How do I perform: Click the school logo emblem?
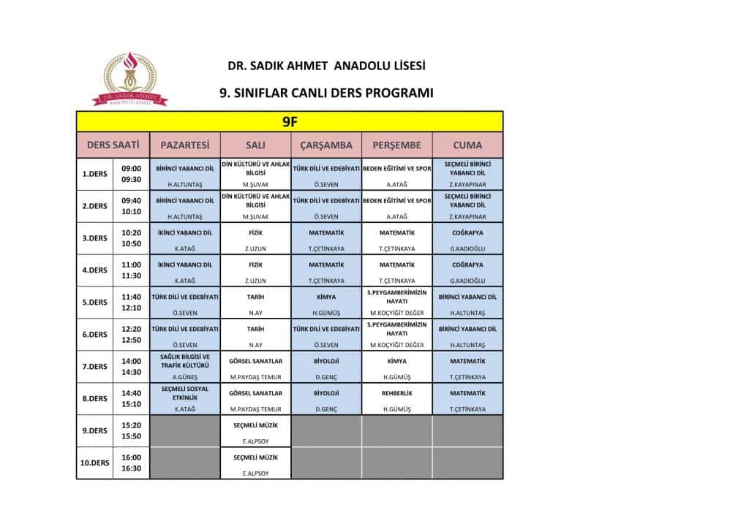pos(129,78)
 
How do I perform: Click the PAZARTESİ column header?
pos(184,145)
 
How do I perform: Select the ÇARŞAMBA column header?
pos(326,145)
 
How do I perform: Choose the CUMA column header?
pos(467,145)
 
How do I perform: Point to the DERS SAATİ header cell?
pos(113,145)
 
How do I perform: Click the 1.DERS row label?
pos(94,174)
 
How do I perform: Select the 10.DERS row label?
pos(94,463)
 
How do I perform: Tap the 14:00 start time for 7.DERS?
pos(132,361)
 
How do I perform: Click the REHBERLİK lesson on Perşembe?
pos(396,393)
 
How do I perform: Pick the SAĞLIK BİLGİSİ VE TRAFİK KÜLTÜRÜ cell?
pos(184,360)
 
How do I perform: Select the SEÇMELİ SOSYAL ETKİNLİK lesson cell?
pos(184,393)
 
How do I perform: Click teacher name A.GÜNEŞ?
pos(184,377)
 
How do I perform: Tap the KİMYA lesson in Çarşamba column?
pos(326,297)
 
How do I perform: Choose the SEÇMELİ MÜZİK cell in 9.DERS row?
pos(255,425)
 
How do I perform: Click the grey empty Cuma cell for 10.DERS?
pos(467,463)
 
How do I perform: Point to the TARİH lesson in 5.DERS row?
pos(255,297)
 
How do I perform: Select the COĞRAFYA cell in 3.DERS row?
pos(467,232)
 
